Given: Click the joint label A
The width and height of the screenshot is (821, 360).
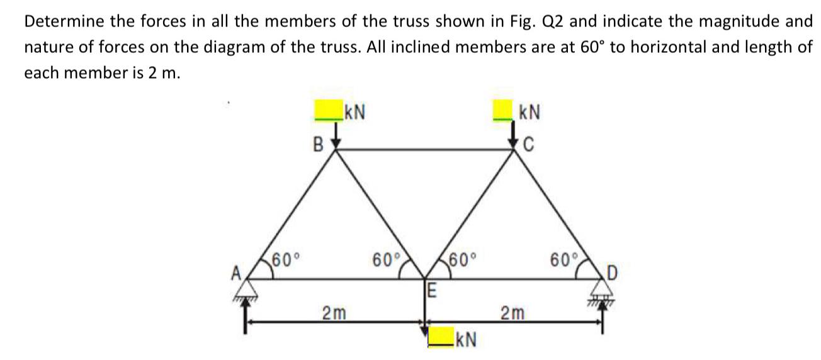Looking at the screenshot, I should tap(237, 273).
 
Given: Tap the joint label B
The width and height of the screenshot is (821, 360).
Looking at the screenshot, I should tap(319, 144).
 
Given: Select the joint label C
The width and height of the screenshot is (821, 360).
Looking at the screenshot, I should tap(528, 144).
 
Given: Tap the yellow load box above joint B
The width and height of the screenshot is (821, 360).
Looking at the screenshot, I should tap(329, 111).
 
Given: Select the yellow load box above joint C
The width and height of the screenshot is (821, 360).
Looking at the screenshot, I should tap(503, 111).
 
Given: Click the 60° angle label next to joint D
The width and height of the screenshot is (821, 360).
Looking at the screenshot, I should tap(562, 259).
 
